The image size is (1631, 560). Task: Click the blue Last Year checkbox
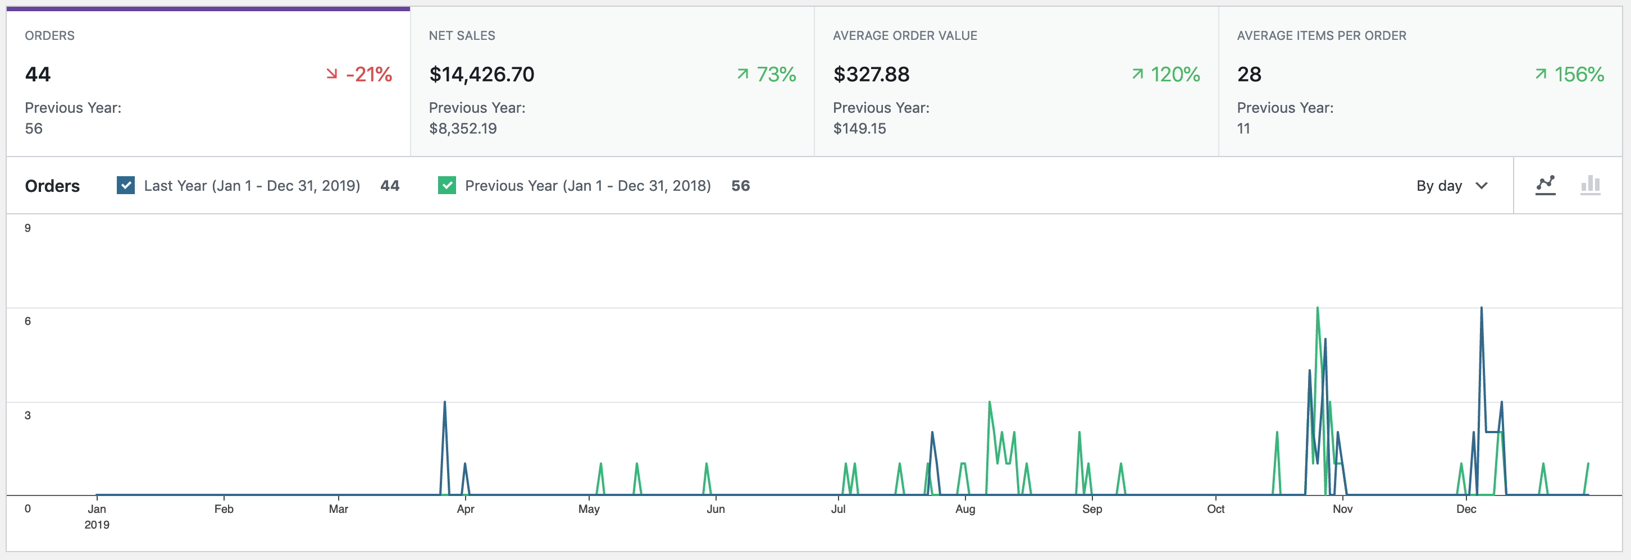point(125,185)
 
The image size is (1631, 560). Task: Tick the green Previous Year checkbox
point(447,185)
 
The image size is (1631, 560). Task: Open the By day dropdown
point(1451,185)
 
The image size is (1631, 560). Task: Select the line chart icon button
point(1545,185)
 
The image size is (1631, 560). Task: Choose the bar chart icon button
point(1590,185)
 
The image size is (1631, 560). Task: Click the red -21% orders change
point(359,75)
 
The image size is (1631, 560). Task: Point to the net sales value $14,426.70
point(481,75)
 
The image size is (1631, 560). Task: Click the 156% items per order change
point(1570,75)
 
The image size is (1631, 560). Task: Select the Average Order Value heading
point(904,36)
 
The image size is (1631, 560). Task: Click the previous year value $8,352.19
point(462,128)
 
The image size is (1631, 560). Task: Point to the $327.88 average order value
point(871,75)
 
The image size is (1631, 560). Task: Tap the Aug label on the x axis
point(964,509)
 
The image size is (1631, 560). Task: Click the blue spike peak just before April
point(444,402)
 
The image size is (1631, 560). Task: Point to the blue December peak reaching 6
point(1481,309)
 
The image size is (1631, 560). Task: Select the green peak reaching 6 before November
point(1317,309)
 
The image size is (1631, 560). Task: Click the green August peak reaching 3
point(989,402)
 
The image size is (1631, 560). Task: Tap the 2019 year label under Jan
point(97,525)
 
